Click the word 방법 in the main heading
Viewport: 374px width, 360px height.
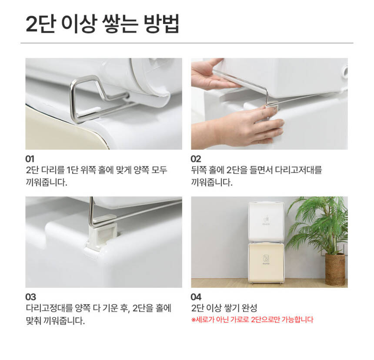point(161,24)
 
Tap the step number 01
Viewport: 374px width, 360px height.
point(30,159)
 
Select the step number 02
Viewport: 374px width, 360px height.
point(196,159)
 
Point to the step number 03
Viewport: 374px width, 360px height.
point(30,297)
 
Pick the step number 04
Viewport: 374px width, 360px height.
point(196,297)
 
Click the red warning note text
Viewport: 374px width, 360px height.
point(252,320)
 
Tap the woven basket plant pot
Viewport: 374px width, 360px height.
point(335,269)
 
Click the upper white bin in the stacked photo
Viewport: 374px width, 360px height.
point(266,222)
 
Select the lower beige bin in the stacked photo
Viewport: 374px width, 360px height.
point(266,262)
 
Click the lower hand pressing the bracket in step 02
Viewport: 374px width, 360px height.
point(241,127)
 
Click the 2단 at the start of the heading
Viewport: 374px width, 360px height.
point(40,24)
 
